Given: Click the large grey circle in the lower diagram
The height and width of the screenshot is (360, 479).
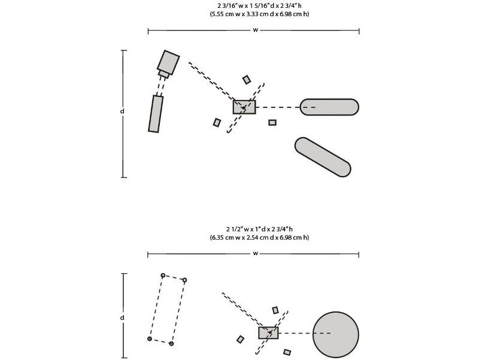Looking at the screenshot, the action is [x=335, y=335].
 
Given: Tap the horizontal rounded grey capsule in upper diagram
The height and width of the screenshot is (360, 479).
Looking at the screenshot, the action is [x=329, y=107].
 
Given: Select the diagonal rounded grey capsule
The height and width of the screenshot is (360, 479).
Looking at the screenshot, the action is [x=323, y=157].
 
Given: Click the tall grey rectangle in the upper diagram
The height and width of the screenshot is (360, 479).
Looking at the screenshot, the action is [x=156, y=114].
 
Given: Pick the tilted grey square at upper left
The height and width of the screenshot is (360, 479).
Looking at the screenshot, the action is [x=168, y=62].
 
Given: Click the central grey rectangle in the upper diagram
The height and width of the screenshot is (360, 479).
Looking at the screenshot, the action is [x=244, y=107].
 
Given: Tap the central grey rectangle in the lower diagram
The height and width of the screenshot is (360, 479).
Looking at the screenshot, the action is [x=268, y=332].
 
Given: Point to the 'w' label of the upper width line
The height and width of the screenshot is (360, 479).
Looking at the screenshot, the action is [x=256, y=30].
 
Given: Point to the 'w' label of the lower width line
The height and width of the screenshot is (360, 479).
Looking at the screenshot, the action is [x=256, y=253].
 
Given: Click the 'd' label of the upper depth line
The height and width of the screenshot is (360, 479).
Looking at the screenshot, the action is [x=122, y=111].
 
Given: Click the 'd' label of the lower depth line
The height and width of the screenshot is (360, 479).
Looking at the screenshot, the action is [x=122, y=318].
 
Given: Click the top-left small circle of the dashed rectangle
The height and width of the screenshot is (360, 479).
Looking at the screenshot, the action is [x=163, y=276].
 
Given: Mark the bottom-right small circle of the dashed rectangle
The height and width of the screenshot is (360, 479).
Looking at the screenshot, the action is [x=171, y=343].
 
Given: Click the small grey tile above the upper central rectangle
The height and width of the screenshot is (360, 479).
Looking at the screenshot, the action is [x=247, y=80].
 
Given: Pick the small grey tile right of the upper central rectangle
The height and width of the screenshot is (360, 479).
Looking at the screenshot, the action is [x=272, y=123].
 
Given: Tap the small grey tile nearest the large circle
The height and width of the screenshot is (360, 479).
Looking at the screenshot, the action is [x=287, y=352].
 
